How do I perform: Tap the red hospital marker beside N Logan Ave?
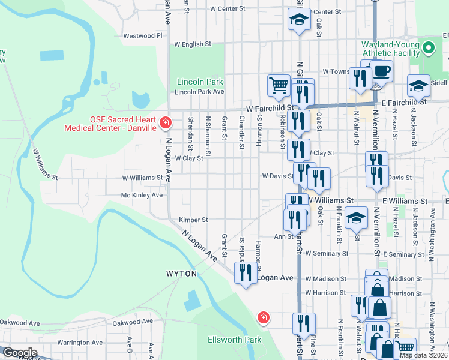pyautogui.click(x=165, y=124)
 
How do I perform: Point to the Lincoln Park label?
pyautogui.click(x=200, y=82)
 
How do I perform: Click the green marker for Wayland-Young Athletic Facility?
pyautogui.click(x=428, y=47)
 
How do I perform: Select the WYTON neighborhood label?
pyautogui.click(x=181, y=274)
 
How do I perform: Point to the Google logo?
pyautogui.click(x=19, y=353)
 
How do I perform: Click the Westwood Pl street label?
pyautogui.click(x=143, y=36)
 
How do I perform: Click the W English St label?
pyautogui.click(x=193, y=44)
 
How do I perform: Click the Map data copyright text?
pyautogui.click(x=424, y=355)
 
